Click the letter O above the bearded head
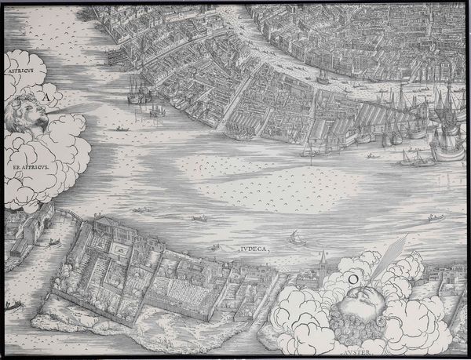[354, 276]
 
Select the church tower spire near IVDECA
[323, 259]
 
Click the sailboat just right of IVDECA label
[295, 237]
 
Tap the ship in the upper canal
[322, 76]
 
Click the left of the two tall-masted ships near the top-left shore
[136, 92]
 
